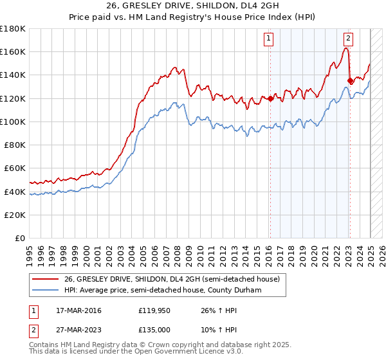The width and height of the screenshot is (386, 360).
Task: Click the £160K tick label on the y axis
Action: tap(13, 51)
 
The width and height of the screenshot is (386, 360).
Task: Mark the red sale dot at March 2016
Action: tap(270, 98)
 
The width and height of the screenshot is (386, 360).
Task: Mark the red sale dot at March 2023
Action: tap(350, 80)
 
